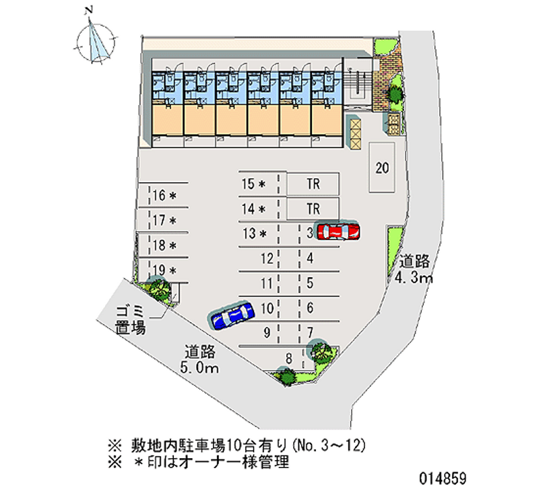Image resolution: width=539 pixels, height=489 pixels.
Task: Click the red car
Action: click(338, 231)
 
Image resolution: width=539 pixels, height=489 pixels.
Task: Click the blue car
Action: click(232, 314)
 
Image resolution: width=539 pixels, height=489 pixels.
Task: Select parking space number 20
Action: click(382, 168)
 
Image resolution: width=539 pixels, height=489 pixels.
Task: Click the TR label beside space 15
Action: click(313, 183)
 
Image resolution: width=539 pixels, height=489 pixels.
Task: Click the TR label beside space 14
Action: click(313, 208)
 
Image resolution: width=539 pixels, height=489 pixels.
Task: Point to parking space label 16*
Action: click(164, 196)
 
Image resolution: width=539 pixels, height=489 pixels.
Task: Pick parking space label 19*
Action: click(164, 270)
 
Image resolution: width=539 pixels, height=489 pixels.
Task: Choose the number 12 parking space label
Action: click(267, 258)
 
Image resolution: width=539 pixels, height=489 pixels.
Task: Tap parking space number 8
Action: click(288, 359)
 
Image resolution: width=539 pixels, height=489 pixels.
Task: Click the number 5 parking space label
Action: click(309, 283)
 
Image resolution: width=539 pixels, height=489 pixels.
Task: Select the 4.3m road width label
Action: click(414, 270)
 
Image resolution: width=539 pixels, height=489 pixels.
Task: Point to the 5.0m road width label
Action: click(199, 359)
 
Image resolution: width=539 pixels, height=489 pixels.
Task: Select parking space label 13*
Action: click(255, 233)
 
